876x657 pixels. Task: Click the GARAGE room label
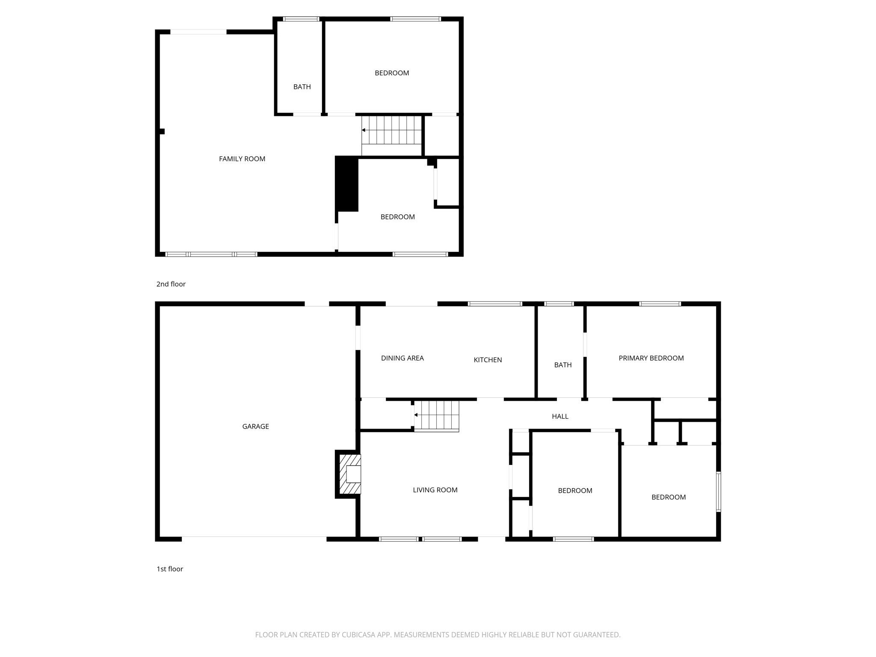tap(255, 426)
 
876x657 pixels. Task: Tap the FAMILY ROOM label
tap(242, 159)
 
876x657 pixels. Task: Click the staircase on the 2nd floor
tap(392, 130)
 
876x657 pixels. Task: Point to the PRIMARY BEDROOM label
tap(651, 358)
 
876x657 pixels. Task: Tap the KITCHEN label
tap(488, 360)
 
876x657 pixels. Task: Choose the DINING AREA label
tap(402, 358)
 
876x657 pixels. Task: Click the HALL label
tap(560, 416)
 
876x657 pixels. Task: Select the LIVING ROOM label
tap(435, 490)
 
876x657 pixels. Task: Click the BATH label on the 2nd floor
tap(302, 87)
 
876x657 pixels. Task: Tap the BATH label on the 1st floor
tap(562, 365)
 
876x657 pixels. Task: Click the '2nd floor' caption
tap(171, 284)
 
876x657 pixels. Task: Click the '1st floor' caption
tap(169, 569)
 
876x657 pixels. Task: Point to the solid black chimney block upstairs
tap(346, 184)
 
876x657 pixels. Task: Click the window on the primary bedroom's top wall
tap(660, 304)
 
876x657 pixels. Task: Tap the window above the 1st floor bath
tap(559, 304)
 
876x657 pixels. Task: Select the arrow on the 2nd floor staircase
tap(364, 130)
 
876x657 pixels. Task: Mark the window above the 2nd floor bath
tap(301, 19)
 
